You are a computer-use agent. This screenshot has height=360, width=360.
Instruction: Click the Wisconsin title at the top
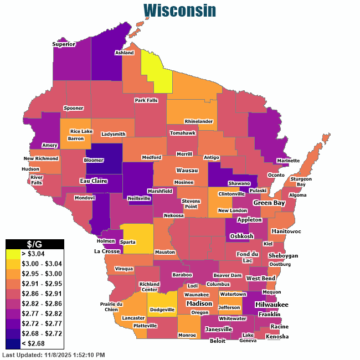pyautogui.click(x=179, y=11)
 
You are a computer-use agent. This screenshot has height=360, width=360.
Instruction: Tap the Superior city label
pyautogui.click(x=63, y=44)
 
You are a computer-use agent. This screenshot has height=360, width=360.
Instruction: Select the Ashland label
pyautogui.click(x=124, y=53)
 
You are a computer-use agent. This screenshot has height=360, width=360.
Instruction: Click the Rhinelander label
pyautogui.click(x=199, y=121)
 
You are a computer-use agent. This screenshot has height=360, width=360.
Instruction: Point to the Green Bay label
pyautogui.click(x=269, y=203)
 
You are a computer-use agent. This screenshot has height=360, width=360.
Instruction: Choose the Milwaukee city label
pyautogui.click(x=271, y=305)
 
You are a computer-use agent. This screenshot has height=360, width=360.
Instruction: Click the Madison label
pyautogui.click(x=199, y=304)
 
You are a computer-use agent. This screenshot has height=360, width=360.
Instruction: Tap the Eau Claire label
pyautogui.click(x=93, y=181)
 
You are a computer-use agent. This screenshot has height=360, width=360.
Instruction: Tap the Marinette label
pyautogui.click(x=288, y=161)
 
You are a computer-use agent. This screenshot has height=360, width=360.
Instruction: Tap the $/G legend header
pyautogui.click(x=35, y=244)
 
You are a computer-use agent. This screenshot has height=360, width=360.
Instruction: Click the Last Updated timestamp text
pyautogui.click(x=54, y=354)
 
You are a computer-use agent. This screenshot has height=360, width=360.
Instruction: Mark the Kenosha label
pyautogui.click(x=277, y=336)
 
